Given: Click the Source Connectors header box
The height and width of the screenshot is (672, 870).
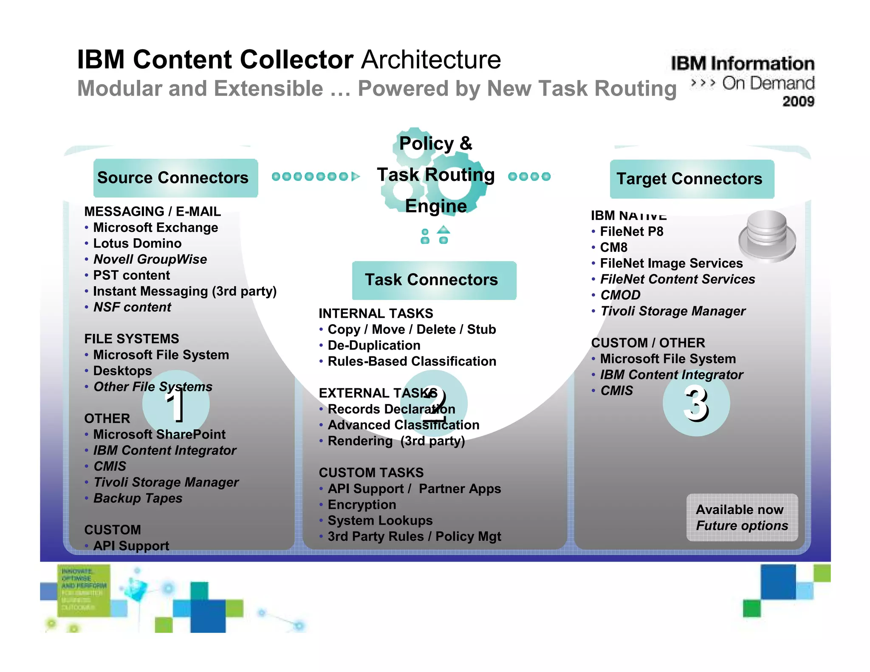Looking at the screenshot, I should point(175,178).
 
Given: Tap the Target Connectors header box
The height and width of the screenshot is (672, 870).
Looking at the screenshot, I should point(692,179).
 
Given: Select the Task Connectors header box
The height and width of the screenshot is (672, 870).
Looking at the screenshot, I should point(434,280).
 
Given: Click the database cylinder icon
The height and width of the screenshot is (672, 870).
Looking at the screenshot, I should point(767,236).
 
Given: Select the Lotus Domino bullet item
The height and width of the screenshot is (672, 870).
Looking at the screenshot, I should point(137,243).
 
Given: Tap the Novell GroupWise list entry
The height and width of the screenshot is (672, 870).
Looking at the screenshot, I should point(150,259).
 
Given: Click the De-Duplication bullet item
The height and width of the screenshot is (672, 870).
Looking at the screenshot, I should point(374,345).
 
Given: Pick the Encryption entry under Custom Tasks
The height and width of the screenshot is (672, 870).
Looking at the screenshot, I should point(362,505).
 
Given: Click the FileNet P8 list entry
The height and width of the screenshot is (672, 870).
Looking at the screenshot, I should point(631,232).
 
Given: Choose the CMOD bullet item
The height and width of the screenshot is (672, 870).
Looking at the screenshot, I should point(620,295).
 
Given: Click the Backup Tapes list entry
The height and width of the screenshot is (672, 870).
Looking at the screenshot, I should point(138,498).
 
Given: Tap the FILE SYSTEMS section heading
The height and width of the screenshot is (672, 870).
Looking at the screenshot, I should point(131,339).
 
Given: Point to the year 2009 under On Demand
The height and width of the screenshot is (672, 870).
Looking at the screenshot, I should point(798,102).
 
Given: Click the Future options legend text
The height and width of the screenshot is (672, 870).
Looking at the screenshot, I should point(742,526).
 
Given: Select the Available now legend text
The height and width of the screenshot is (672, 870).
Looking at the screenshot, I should point(739,510).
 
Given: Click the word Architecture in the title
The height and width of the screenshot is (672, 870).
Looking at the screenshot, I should point(431,59).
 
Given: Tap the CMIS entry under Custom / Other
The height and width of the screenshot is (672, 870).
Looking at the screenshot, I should point(616,391).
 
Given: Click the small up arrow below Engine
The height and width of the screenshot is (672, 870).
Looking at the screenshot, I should point(443,230).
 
